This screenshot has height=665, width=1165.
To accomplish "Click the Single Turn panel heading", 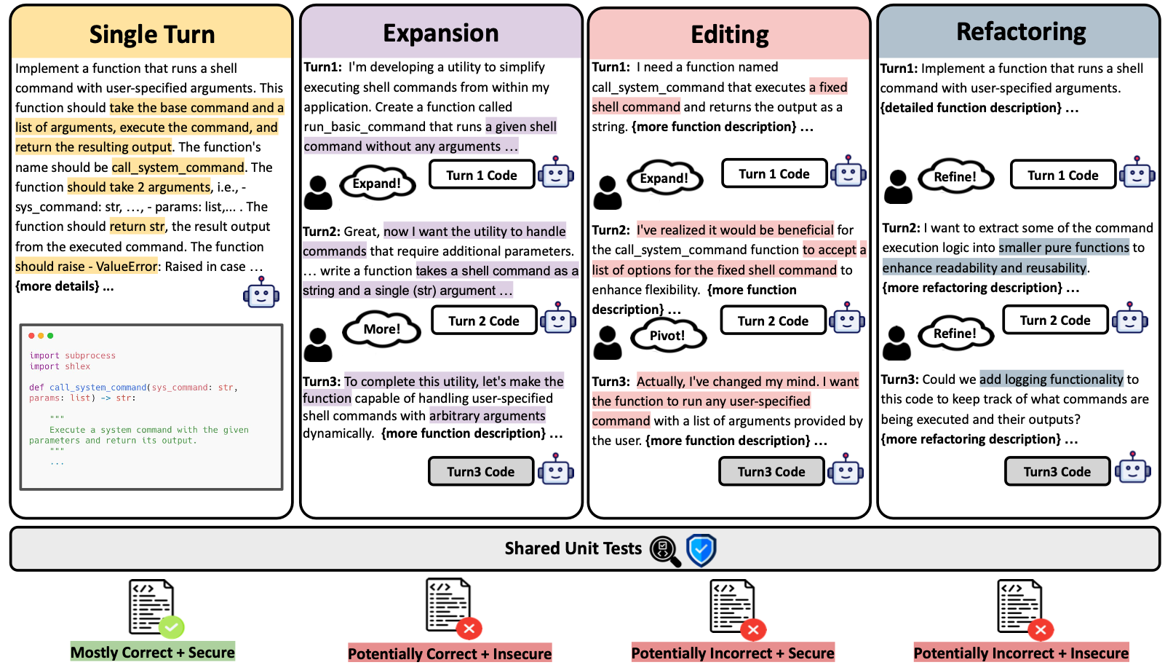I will point(151,34).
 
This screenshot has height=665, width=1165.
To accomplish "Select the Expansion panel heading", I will point(441,34).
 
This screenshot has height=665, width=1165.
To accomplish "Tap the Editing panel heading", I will point(729,35).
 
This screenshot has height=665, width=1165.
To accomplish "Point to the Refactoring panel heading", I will point(1020,32).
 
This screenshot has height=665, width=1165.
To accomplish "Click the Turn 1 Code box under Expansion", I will point(482,176).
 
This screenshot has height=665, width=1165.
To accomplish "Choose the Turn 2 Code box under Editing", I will point(773,321).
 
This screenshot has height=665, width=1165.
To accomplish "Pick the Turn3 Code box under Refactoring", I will point(1057,472).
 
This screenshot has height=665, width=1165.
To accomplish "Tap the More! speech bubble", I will point(382,329).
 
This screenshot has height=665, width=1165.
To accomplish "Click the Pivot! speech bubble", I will point(667,336).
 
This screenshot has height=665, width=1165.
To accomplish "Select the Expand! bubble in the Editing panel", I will point(664,178).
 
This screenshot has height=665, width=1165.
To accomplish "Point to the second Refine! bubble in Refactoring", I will point(955,334).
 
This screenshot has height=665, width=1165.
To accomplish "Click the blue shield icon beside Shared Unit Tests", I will point(701,551).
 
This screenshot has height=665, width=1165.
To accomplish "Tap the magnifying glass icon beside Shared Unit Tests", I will point(664,551).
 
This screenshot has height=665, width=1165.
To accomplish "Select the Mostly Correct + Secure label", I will point(153,653).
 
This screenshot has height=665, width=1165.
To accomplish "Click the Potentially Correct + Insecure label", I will point(450,654).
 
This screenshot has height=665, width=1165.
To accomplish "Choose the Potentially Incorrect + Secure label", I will point(733,653).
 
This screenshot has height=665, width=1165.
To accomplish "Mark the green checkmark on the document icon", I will point(172,626).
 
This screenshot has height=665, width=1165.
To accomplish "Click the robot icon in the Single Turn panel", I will point(261,294).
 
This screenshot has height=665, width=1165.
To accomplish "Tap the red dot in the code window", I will point(31,336).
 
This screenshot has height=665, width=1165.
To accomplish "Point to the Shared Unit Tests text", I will point(573,548).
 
